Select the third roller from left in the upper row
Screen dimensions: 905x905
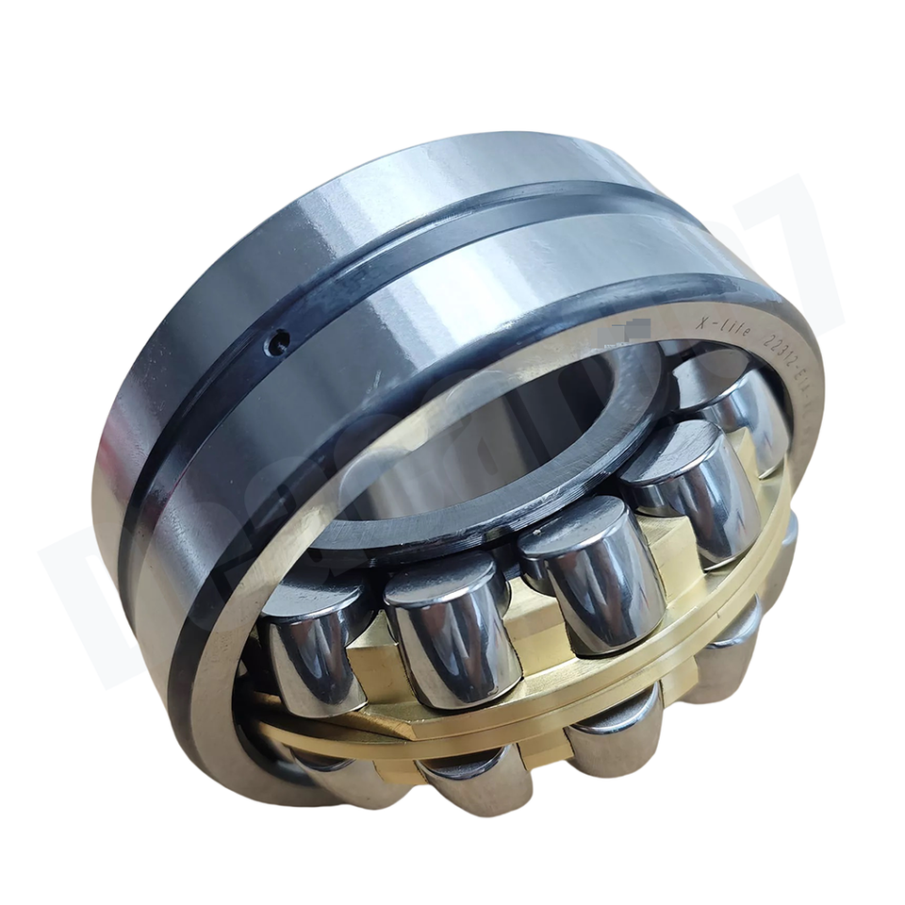[x=584, y=566]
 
